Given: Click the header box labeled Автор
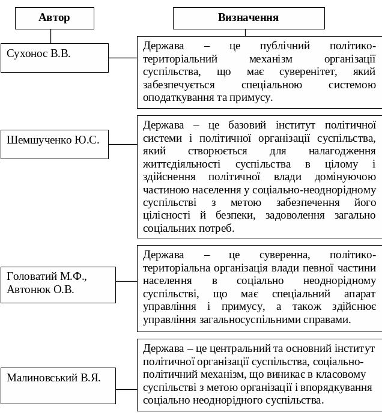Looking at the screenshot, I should click(x=54, y=18).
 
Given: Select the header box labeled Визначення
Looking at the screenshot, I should click(x=248, y=18).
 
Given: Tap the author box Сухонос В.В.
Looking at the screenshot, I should click(x=54, y=57).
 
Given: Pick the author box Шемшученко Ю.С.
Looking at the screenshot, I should click(x=54, y=144).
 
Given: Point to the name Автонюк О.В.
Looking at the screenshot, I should click(x=40, y=290).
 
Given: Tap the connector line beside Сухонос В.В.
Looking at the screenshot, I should click(x=123, y=58).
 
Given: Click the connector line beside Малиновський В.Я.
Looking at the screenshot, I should click(x=126, y=389).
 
